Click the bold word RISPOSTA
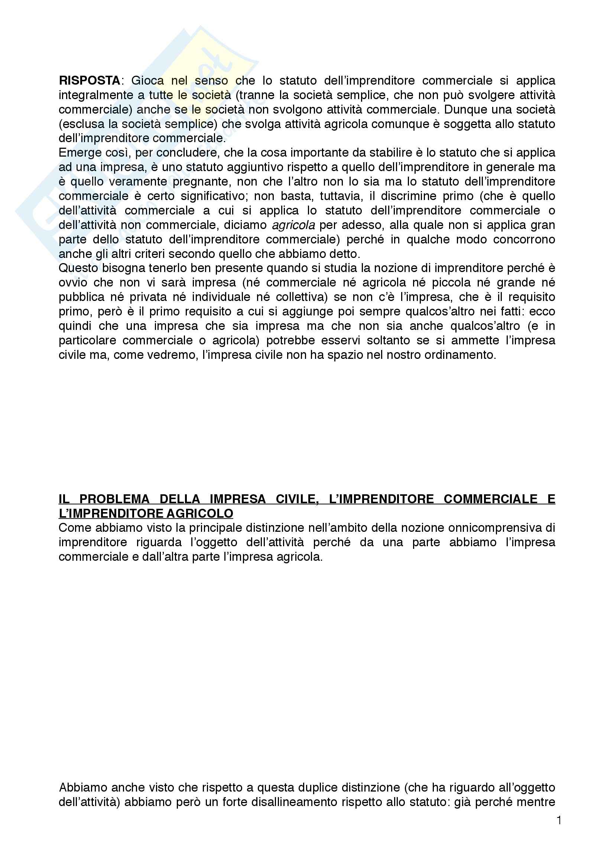click(x=89, y=81)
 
